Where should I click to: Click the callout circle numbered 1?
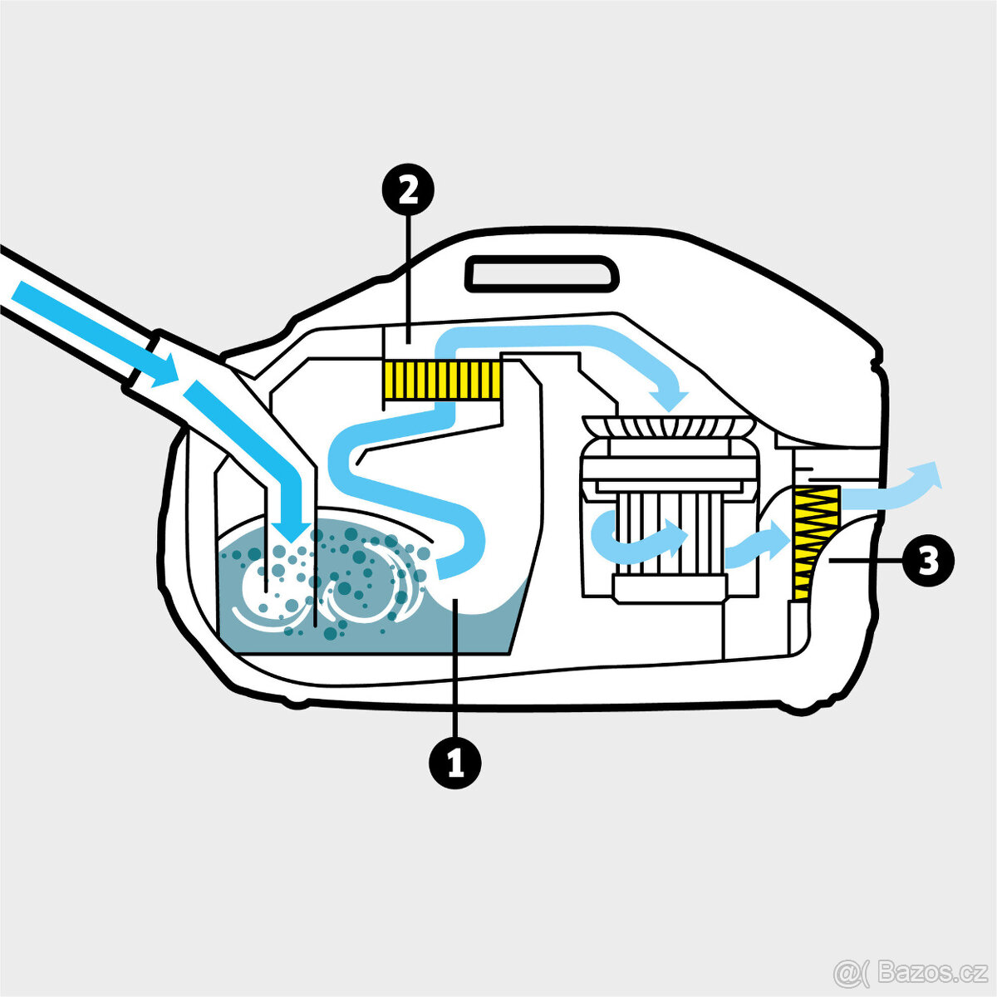coord(455,762)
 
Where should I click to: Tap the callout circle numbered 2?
coord(408,190)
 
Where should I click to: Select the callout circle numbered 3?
coord(928,561)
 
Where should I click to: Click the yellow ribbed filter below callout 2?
coord(442,380)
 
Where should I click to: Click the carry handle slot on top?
coord(542,273)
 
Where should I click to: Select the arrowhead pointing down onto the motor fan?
coord(669,399)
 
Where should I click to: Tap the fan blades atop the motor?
coord(667,425)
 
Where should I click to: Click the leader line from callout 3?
coord(865,560)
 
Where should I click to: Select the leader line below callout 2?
coord(409,279)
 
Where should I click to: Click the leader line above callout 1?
coord(455,667)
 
